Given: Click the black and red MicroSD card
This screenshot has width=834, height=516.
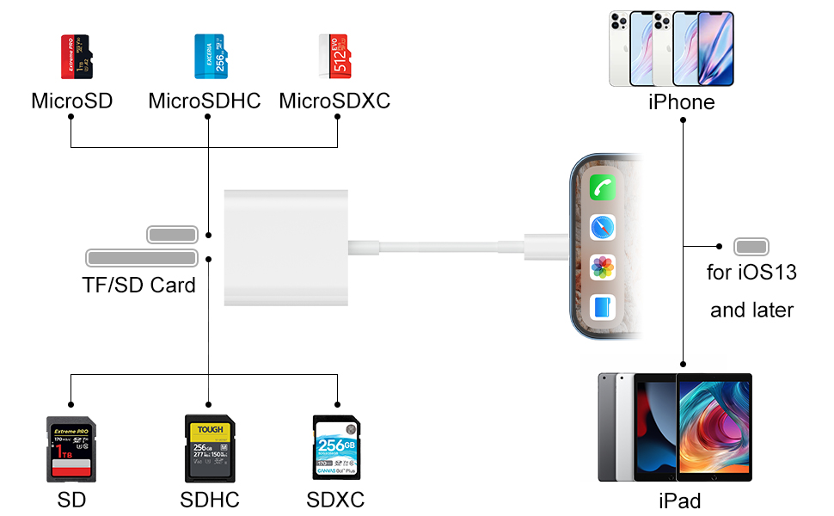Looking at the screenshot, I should (x=74, y=57).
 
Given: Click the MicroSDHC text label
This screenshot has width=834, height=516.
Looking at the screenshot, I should (x=205, y=101).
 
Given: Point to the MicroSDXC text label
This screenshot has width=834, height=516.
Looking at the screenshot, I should (x=334, y=101).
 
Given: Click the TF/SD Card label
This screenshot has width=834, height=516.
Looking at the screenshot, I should (x=138, y=285).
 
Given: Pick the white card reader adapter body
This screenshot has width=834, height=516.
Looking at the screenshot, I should (x=286, y=247).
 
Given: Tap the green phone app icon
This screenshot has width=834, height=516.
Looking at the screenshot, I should (x=602, y=188).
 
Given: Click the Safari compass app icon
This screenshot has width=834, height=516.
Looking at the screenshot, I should (x=602, y=228).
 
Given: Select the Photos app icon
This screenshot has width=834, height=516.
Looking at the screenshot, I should (x=602, y=267).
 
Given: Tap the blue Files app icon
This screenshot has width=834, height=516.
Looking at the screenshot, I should (x=602, y=307).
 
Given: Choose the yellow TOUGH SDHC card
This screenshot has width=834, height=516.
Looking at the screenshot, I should (x=209, y=448).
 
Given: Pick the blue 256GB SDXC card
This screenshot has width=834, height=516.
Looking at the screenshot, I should (x=336, y=448).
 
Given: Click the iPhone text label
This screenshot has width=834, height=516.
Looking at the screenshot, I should (x=681, y=103).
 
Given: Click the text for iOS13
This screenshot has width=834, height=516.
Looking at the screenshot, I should (x=751, y=273).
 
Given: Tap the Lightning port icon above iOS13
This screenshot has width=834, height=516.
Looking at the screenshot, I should (x=751, y=247).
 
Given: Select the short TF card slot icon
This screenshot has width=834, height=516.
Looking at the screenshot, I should (x=173, y=234).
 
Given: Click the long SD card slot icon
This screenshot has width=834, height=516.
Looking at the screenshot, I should (x=142, y=257).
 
